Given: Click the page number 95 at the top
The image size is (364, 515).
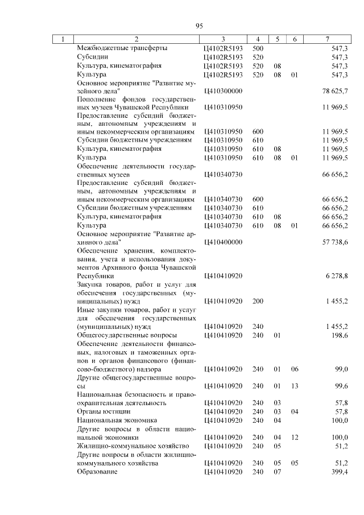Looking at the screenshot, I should [x=199, y=26].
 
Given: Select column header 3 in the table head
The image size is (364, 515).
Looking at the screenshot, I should [x=223, y=39].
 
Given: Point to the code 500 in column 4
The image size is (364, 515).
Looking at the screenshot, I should [x=258, y=49].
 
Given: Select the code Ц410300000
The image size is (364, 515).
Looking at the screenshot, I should [x=222, y=90].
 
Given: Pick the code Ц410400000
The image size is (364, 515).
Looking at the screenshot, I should [x=222, y=242].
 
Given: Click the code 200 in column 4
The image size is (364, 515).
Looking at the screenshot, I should [x=258, y=300].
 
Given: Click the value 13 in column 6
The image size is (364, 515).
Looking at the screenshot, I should [x=295, y=386].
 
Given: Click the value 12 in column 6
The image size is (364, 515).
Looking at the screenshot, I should [x=295, y=437].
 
